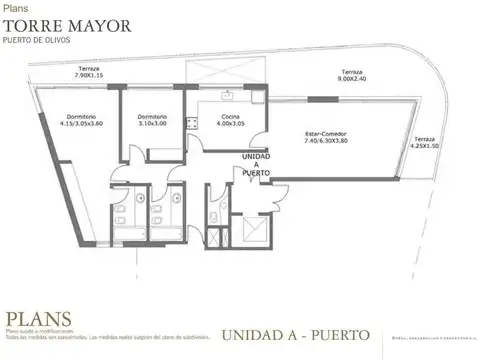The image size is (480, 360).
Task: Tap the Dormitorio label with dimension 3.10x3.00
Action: pyautogui.click(x=152, y=117)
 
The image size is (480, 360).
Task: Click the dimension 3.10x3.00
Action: pyautogui.click(x=152, y=124)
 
